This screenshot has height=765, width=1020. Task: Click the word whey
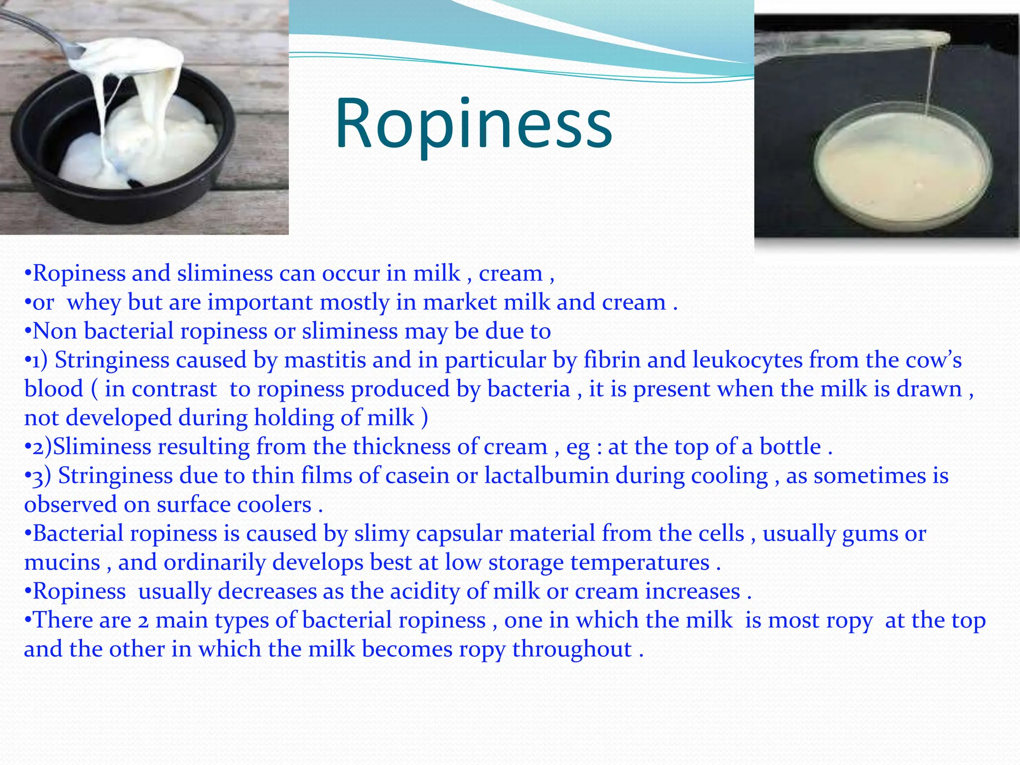point(94,302)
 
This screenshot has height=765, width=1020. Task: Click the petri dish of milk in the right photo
point(901,174)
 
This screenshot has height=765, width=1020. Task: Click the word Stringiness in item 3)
point(115,476)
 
